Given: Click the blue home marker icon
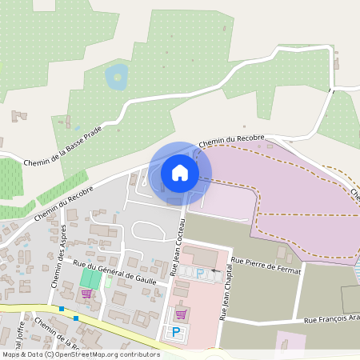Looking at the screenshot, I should point(180,172).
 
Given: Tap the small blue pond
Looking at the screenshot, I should point(117,78).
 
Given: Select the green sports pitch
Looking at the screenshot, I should point(91,279).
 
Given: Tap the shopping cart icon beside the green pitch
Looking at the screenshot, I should point(86,294).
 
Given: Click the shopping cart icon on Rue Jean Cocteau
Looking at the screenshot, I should point(181,313).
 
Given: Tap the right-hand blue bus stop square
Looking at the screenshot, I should point(76,318).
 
